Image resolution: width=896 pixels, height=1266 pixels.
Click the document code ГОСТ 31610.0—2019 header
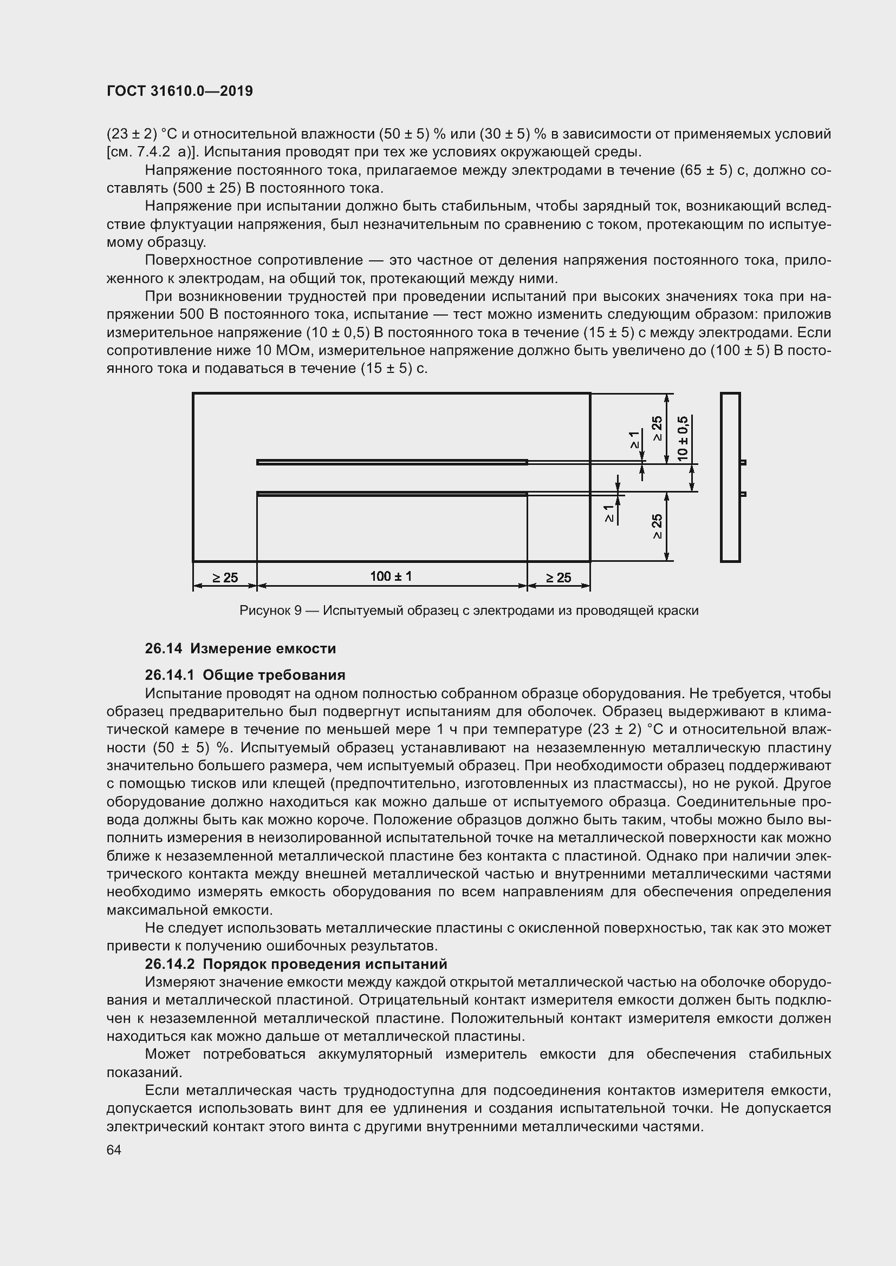[179, 91]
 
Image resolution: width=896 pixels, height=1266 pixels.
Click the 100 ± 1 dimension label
[391, 577]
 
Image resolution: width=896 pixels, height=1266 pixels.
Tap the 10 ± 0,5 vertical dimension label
[683, 438]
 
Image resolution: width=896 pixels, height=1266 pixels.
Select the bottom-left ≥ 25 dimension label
[225, 578]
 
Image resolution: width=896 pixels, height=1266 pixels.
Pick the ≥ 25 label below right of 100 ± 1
[559, 578]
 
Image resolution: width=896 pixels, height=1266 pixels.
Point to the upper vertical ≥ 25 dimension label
[657, 429]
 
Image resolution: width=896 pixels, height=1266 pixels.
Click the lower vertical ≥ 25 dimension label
[657, 527]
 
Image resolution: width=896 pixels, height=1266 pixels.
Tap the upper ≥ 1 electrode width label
[634, 440]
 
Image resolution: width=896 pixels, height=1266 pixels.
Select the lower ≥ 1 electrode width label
[608, 513]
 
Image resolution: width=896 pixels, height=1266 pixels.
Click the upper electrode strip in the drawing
[392, 462]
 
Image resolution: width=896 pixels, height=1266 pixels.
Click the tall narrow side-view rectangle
[730, 477]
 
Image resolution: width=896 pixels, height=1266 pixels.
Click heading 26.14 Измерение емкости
[240, 648]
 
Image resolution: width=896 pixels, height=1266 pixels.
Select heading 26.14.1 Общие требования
[245, 675]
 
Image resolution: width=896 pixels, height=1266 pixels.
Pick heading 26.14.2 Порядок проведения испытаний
[296, 917]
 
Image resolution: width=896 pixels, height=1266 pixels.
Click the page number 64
[114, 1150]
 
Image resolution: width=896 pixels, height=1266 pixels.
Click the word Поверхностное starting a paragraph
[198, 260]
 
